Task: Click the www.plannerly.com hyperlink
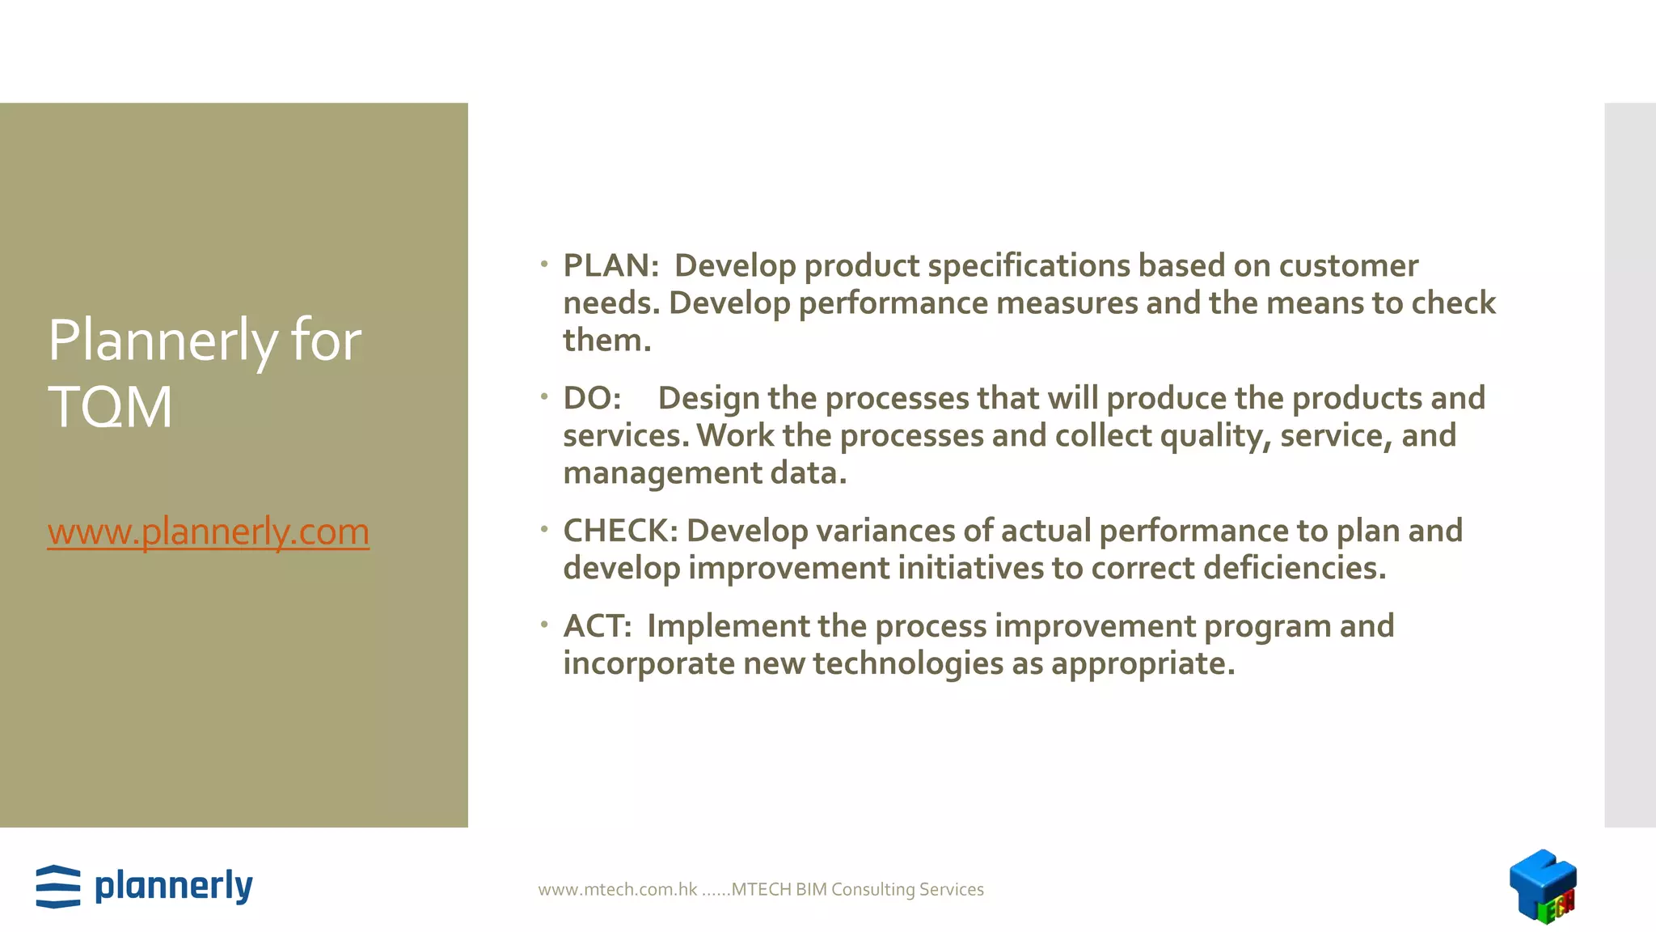(208, 532)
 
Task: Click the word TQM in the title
(110, 407)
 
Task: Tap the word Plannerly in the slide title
(163, 341)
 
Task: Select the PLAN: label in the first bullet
(611, 266)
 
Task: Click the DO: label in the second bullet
(592, 399)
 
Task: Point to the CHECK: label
(620, 532)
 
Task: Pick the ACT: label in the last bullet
(597, 626)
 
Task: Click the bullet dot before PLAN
(545, 264)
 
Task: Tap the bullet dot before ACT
(545, 625)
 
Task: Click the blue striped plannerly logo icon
(58, 887)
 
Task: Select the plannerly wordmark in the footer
(174, 887)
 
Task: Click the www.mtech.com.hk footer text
(618, 890)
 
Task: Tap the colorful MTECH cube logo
(1543, 886)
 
